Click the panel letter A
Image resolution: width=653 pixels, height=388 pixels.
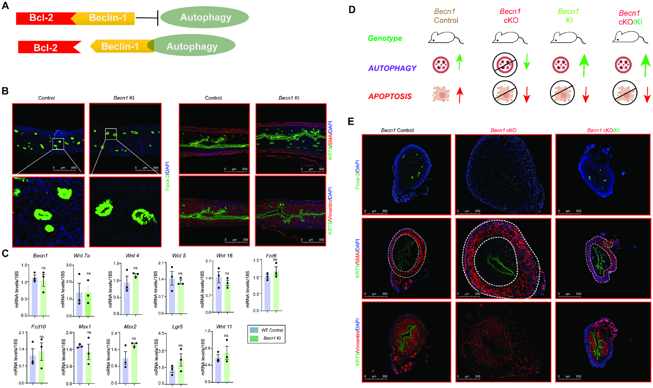point(5,6)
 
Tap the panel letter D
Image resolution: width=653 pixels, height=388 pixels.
point(352,9)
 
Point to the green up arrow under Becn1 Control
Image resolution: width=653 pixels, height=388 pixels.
point(459,62)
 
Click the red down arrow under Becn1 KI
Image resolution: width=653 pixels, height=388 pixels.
point(586,95)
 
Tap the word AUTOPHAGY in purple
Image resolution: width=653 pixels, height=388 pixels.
point(392,68)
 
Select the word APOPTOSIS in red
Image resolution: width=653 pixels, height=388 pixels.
point(390,96)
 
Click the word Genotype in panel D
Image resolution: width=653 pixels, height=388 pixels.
point(385,38)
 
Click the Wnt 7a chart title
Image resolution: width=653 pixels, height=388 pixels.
point(82,255)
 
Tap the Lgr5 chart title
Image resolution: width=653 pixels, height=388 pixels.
point(177,326)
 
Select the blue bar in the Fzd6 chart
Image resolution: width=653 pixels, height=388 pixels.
point(267,293)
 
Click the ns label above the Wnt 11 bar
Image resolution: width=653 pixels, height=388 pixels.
point(226,335)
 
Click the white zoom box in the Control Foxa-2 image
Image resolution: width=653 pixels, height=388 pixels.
point(58,143)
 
